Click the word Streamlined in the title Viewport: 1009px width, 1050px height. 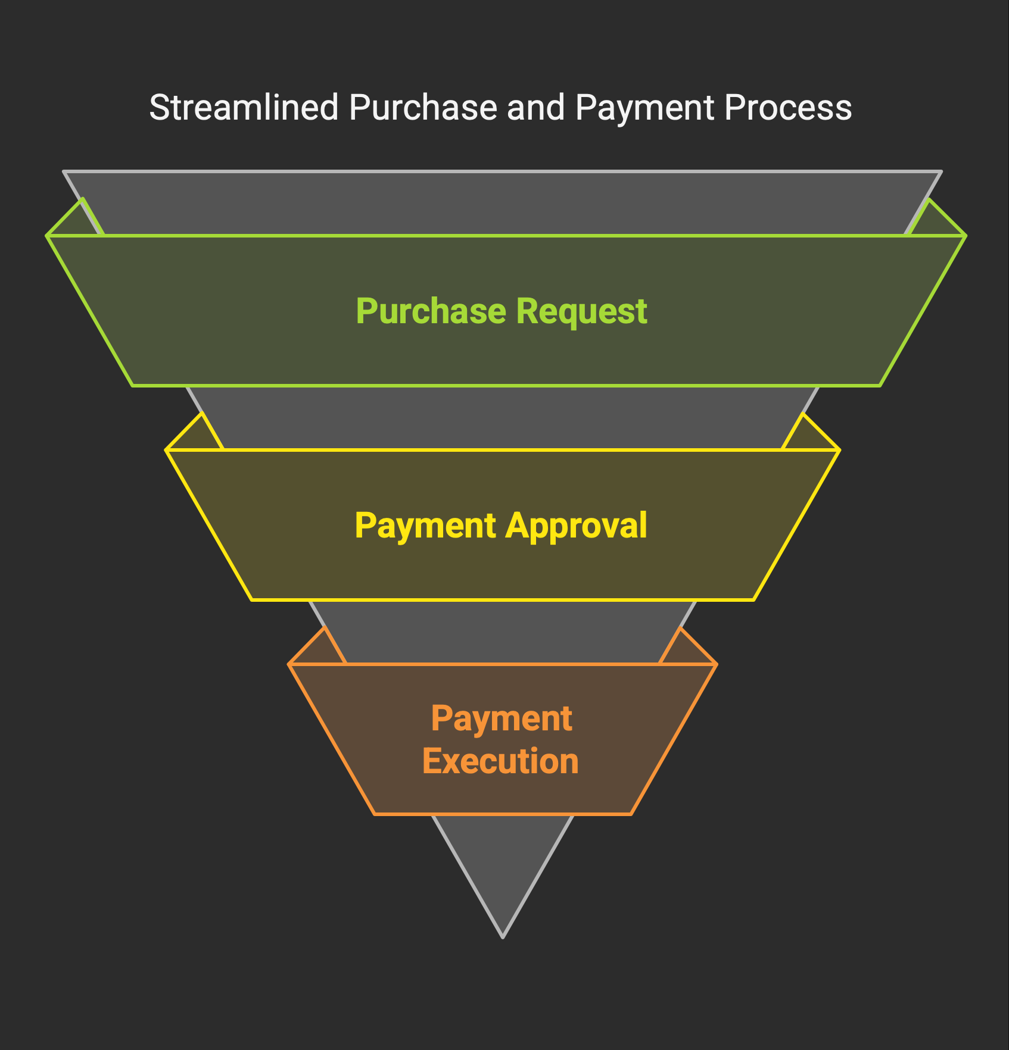(x=244, y=108)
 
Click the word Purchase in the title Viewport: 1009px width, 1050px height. (x=423, y=108)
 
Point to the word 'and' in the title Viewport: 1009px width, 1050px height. (x=535, y=108)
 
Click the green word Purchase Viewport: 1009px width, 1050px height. (x=431, y=311)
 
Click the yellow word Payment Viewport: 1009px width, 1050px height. (x=425, y=526)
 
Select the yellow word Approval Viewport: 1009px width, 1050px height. (x=577, y=526)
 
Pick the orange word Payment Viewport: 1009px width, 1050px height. (x=502, y=719)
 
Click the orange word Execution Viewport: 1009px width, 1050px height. (x=500, y=761)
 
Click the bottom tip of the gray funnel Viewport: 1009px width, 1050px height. (x=503, y=937)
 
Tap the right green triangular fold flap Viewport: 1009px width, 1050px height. (x=935, y=222)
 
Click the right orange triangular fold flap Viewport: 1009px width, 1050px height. (x=686, y=650)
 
